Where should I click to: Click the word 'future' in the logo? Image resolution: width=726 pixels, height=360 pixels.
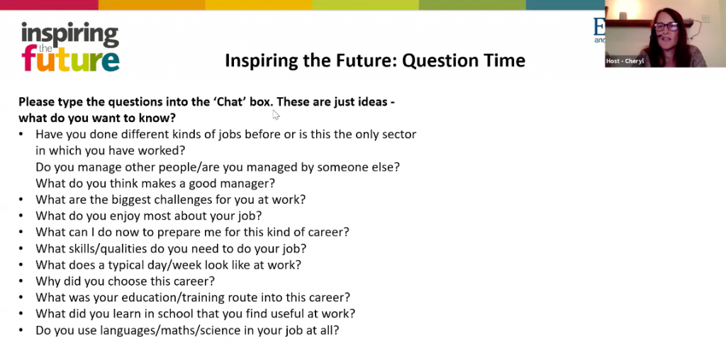click(x=70, y=60)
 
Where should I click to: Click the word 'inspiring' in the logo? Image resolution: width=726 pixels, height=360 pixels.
click(x=70, y=33)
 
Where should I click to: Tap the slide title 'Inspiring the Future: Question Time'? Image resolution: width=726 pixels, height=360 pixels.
click(x=375, y=61)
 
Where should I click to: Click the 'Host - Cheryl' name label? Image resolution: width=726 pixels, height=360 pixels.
click(x=625, y=61)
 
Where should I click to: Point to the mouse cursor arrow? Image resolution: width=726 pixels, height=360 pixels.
click(x=276, y=115)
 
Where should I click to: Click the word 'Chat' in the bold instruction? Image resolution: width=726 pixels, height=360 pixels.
click(x=230, y=102)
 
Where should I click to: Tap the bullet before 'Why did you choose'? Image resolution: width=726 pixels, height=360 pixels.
click(x=21, y=281)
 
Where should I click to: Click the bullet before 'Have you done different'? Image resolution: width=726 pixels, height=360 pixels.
click(x=21, y=134)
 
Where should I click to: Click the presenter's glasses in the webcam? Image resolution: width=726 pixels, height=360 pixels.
click(x=666, y=26)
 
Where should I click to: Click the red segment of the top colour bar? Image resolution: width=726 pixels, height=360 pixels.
click(x=49, y=5)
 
